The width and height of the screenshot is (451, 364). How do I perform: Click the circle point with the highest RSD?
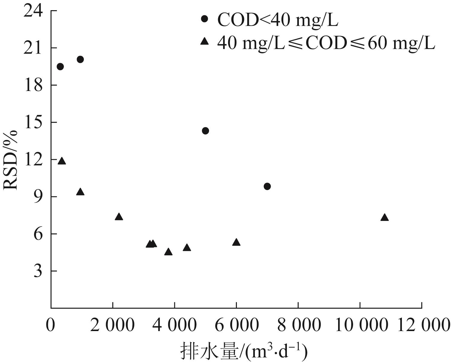(80, 59)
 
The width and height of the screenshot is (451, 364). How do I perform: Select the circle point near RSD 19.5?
(60, 66)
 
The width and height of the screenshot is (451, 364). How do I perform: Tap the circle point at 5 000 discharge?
(205, 131)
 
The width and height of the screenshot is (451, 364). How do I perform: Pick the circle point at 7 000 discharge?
(267, 186)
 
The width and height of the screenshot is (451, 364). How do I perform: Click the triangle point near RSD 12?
(62, 161)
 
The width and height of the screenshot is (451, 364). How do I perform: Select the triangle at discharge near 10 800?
(385, 218)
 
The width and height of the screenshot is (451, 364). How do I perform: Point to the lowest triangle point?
(168, 252)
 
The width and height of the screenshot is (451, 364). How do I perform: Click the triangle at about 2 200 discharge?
(119, 217)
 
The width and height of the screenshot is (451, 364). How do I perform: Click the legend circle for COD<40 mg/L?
(205, 19)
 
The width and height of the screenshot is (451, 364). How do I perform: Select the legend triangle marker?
(205, 41)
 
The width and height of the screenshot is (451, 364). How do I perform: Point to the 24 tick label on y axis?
(34, 11)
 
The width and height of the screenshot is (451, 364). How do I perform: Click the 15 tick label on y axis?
(34, 122)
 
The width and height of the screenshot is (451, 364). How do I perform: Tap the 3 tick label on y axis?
(38, 271)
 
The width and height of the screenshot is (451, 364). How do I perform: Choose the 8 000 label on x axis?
(299, 325)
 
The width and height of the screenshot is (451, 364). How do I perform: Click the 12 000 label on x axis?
(422, 325)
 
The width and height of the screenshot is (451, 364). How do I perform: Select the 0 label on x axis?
(51, 325)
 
